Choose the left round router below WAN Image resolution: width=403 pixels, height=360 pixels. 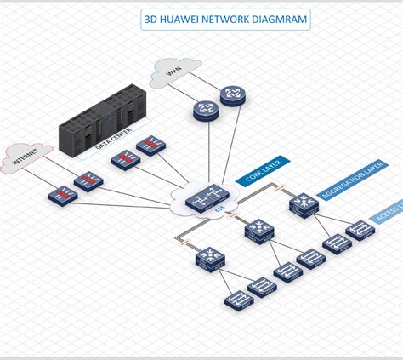click(x=205, y=109)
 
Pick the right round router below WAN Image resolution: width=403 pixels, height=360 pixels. click(x=231, y=96)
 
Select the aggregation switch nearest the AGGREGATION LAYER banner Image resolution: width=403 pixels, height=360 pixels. click(x=301, y=203)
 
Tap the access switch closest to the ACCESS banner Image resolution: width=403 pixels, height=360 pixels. click(x=360, y=229)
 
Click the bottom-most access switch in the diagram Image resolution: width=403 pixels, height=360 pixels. click(x=236, y=300)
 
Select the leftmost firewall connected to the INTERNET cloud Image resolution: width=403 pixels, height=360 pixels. click(x=62, y=195)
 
